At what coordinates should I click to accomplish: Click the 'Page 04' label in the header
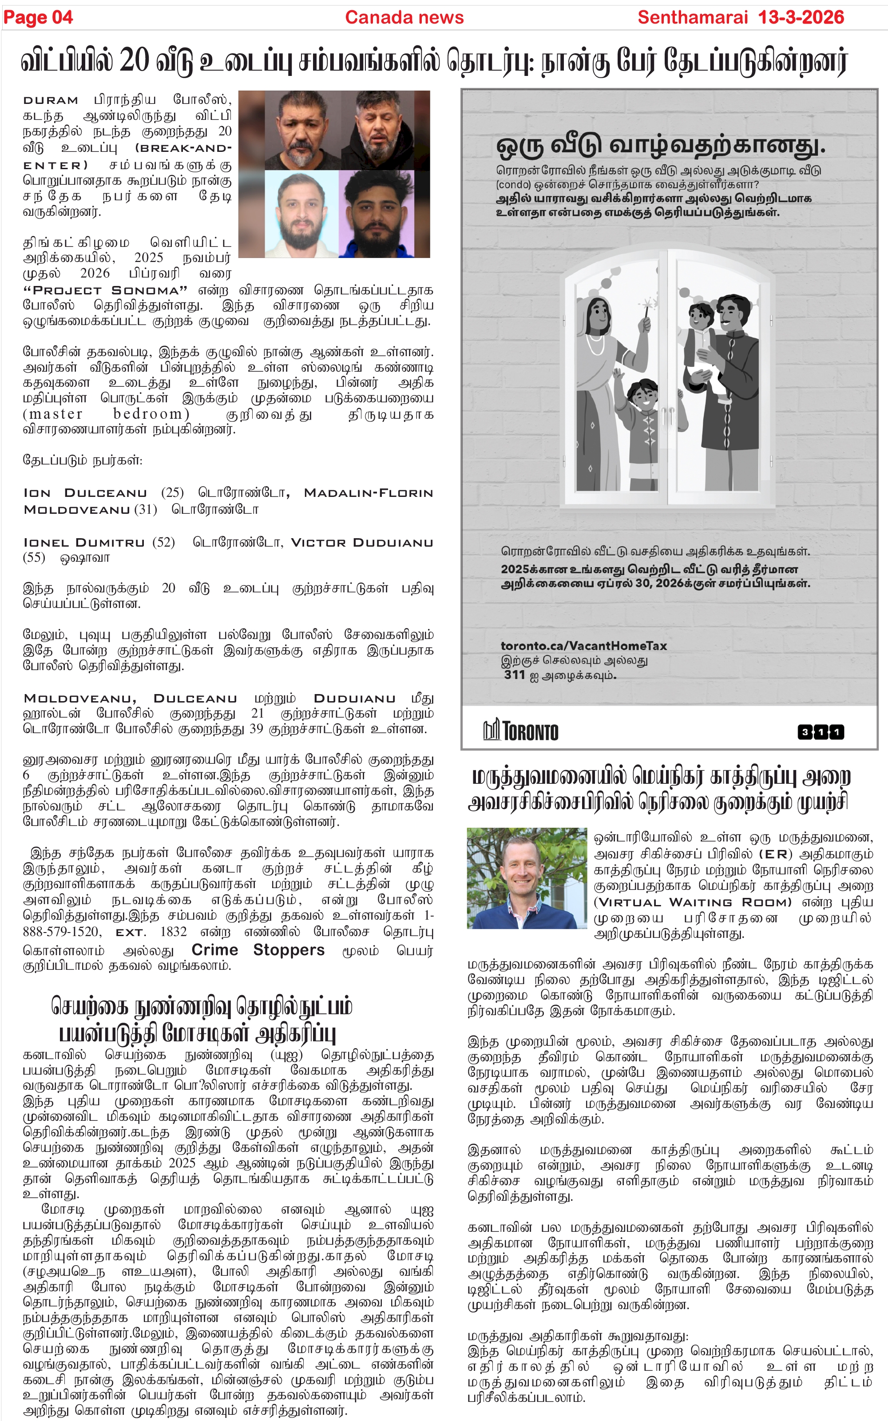(38, 18)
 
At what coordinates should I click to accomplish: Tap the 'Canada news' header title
(404, 18)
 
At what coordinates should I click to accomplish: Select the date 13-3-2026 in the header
(801, 18)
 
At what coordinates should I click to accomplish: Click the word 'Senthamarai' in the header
(693, 18)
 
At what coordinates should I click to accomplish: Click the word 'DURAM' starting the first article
(51, 100)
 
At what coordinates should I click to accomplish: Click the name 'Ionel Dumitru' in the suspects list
(83, 543)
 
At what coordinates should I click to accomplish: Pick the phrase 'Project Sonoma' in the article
(105, 291)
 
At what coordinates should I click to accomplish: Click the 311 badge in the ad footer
(821, 732)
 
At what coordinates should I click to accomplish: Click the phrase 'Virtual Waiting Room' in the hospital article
(693, 902)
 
